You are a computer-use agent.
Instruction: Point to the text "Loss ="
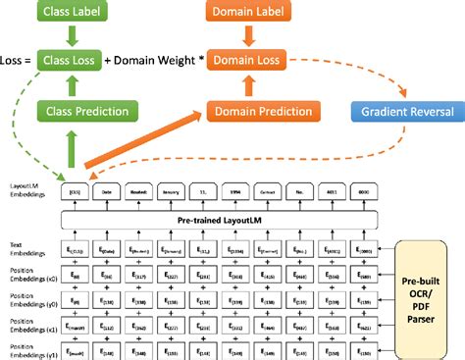click(x=17, y=61)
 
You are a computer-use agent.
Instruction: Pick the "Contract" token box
click(x=270, y=193)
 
